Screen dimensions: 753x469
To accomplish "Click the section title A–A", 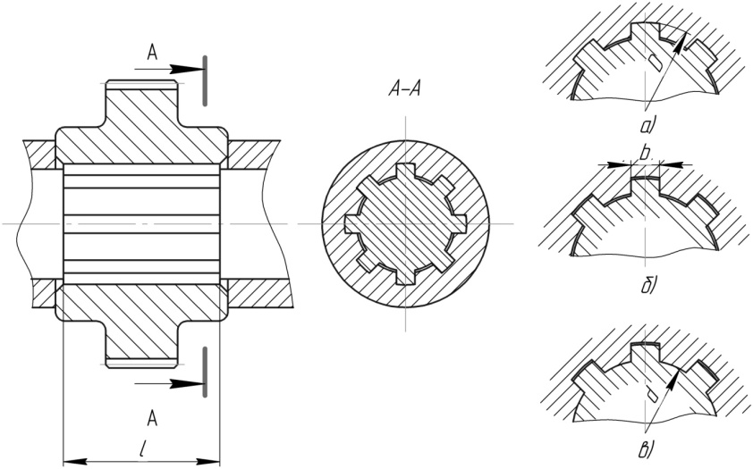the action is point(404,89).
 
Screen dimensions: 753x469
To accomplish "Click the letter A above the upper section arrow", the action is point(152,53).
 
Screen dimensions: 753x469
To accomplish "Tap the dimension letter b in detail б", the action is point(645,153).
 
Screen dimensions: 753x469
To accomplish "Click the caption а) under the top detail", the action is point(648,126).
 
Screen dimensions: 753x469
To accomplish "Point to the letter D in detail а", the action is point(655,62).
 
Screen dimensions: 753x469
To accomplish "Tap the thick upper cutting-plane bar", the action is point(205,80).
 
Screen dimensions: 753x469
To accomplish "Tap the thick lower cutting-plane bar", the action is point(205,372).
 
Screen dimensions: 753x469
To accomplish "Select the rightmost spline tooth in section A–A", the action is point(459,223).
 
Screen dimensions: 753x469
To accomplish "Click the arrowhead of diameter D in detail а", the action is point(678,42).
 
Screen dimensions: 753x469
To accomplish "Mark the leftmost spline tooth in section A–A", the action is point(352,224).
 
